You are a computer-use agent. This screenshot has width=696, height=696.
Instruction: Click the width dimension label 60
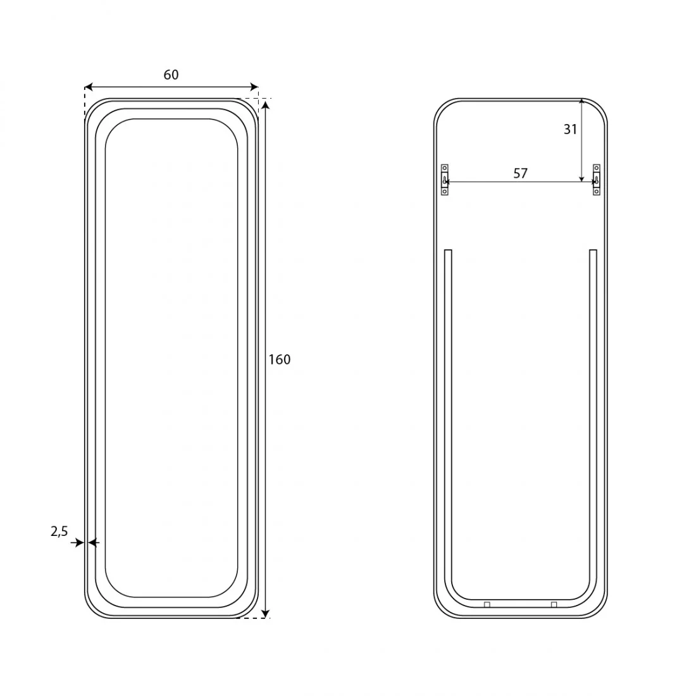(x=171, y=75)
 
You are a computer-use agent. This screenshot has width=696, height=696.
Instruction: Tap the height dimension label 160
(x=279, y=359)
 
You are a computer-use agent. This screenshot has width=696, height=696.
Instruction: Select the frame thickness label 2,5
(x=59, y=531)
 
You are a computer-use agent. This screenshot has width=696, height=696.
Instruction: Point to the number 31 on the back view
(x=570, y=129)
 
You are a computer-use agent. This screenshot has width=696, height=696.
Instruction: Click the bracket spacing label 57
(x=520, y=173)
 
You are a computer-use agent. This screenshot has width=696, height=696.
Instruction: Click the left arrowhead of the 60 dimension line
(x=89, y=87)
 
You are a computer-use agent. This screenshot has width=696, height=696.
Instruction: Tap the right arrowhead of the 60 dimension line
(x=254, y=87)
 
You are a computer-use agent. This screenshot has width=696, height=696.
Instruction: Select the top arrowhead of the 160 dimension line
(x=265, y=105)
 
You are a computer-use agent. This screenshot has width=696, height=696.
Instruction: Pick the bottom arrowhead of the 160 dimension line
(x=265, y=614)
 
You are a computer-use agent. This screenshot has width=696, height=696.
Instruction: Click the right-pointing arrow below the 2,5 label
(x=77, y=542)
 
